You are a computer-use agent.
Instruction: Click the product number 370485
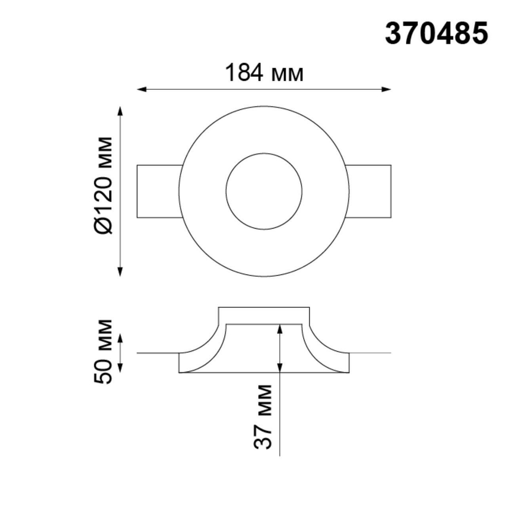point(437,34)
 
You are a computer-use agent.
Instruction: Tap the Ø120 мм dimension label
point(103,186)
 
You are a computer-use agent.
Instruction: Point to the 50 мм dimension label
point(103,351)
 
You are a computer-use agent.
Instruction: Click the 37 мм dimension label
point(263,416)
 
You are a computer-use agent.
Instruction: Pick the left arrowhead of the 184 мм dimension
point(142,90)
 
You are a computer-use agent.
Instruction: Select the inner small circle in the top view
point(264,192)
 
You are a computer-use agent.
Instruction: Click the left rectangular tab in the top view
point(158,192)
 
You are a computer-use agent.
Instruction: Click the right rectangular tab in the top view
point(370,192)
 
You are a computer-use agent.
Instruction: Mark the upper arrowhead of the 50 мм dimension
point(120,338)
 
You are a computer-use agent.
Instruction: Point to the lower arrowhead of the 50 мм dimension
point(120,369)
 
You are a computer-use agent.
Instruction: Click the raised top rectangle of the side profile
point(264,315)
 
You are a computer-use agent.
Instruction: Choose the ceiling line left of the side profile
point(157,353)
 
